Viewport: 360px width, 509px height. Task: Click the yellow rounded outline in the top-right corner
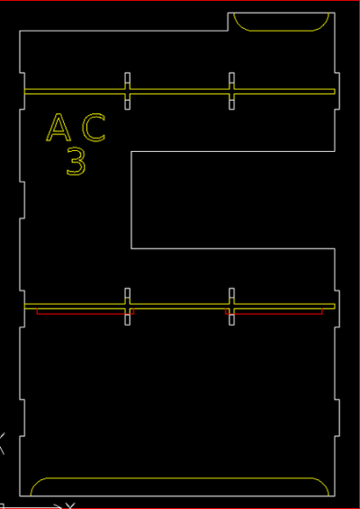281,31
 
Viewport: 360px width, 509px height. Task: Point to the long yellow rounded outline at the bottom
179,478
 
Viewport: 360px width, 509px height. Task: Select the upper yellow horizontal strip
179,91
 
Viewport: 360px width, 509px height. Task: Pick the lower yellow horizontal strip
179,306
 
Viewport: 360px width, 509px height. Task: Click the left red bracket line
85,314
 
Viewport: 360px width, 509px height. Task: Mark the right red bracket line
274,314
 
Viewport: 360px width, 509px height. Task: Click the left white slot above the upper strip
128,78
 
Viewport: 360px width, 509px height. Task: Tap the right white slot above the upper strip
231,78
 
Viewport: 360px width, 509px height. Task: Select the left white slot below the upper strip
128,104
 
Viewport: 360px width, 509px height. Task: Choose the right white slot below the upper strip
231,104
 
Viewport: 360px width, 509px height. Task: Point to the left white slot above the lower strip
128,293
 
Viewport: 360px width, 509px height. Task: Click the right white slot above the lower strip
231,293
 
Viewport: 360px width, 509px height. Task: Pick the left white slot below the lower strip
128,320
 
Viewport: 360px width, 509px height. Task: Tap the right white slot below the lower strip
231,320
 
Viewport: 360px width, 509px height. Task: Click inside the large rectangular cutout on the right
232,200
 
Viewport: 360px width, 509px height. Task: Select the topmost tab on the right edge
337,91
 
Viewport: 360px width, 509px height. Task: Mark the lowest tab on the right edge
337,418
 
